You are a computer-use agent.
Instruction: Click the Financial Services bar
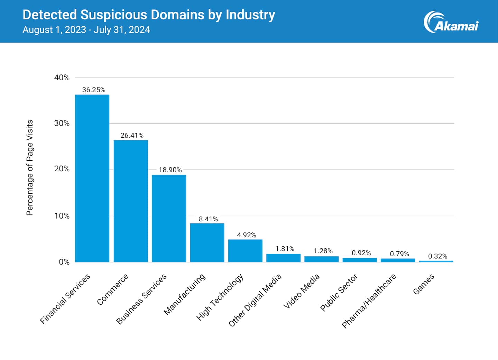click(92, 178)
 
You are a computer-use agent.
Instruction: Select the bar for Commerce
click(131, 201)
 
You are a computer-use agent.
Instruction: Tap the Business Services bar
click(169, 218)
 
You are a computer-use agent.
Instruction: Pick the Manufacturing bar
click(207, 242)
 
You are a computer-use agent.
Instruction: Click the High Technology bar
click(245, 250)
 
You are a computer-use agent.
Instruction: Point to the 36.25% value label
click(94, 90)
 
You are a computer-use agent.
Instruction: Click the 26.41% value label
click(132, 136)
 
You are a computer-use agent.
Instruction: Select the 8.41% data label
click(208, 219)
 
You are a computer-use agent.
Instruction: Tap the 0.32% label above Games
click(437, 256)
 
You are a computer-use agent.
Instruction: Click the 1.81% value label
click(285, 249)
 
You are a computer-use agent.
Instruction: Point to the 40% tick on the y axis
click(62, 77)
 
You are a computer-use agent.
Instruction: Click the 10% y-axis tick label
click(62, 216)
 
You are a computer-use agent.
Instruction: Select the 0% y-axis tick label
click(64, 262)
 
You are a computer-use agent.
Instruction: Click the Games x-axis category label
click(424, 284)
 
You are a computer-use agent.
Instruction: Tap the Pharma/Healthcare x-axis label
click(369, 301)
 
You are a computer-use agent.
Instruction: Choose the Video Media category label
click(302, 291)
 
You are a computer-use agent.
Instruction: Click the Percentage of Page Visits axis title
click(30, 168)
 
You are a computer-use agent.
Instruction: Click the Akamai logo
click(451, 22)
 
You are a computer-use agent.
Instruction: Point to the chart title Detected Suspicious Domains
click(149, 15)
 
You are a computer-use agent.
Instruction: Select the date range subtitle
click(86, 30)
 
